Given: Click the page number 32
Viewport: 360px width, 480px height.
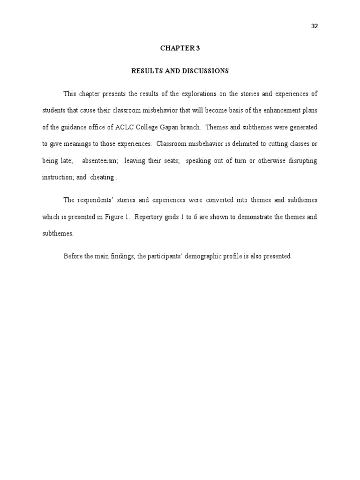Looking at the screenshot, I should pos(315,26).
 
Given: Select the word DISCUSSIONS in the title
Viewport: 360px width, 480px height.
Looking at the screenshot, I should pos(205,71).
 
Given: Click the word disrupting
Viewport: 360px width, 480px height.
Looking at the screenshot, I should pos(300,161).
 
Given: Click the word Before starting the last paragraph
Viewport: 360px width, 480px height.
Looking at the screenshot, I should pos(73,256).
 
